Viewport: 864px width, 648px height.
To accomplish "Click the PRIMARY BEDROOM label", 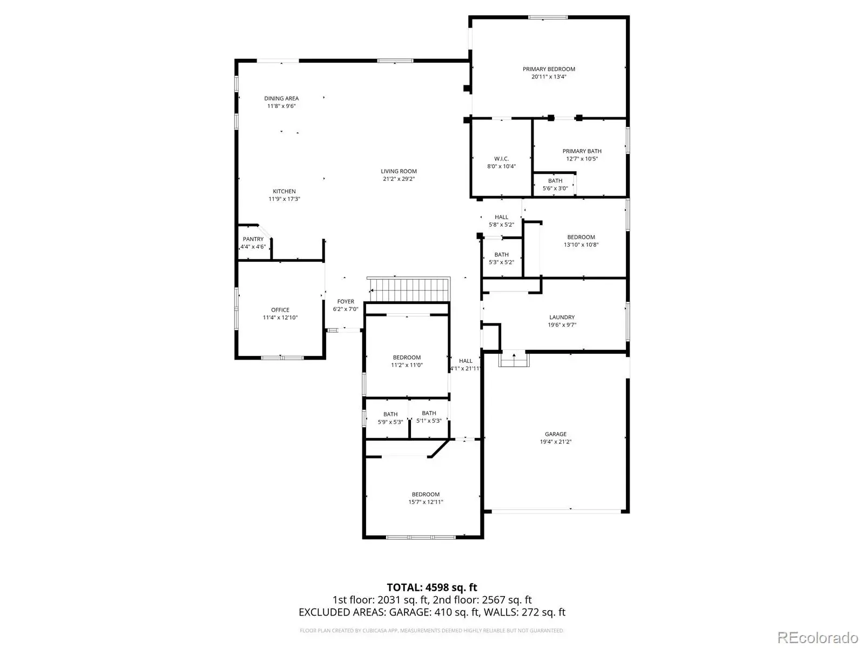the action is point(549,69).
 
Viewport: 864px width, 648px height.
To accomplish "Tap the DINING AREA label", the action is point(281,98).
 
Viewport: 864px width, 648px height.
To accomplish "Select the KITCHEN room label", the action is point(284,191).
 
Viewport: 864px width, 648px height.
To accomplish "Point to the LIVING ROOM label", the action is point(399,171).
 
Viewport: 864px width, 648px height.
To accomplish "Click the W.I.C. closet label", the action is point(502,159).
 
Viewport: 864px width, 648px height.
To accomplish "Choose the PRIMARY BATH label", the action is point(582,151).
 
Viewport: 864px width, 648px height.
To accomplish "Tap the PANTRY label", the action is point(253,239).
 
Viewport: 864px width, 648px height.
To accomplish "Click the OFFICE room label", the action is point(280,310).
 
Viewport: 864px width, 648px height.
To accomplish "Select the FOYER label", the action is point(346,301).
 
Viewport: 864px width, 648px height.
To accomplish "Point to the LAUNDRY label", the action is point(562,317).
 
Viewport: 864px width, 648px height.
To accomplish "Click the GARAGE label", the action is point(556,434).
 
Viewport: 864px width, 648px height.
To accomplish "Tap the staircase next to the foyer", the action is point(409,290).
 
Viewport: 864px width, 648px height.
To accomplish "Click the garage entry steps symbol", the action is point(514,359).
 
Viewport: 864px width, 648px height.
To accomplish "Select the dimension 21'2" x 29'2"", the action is point(399,179).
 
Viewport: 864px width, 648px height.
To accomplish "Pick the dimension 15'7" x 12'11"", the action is point(426,502).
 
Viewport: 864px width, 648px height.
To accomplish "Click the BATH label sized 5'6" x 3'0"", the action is point(555,181).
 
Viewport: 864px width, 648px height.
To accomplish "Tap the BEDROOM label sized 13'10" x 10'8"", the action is point(581,237).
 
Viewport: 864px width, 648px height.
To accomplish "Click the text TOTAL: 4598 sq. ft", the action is point(432,588).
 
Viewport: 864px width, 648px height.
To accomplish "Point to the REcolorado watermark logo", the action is point(818,637).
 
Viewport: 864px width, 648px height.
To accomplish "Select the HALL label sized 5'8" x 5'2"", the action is point(502,217).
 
